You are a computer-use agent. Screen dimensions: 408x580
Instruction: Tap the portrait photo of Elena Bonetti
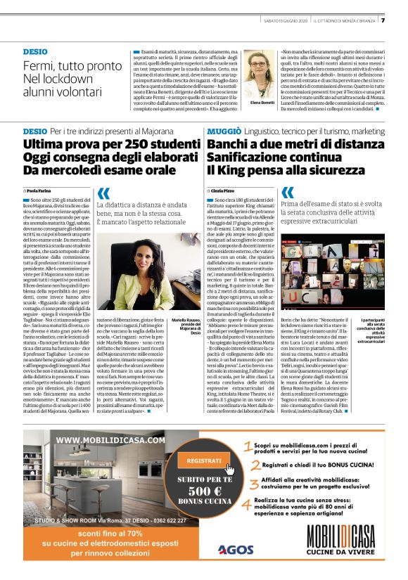[x=260, y=75]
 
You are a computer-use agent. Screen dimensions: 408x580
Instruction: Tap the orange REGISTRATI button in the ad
[x=205, y=460]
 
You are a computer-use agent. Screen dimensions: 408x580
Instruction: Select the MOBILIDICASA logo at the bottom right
[x=343, y=550]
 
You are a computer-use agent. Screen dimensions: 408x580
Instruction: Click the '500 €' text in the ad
[x=204, y=491]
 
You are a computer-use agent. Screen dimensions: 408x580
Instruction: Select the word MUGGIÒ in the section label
[x=224, y=131]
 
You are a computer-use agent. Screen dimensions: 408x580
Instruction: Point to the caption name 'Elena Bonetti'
[x=260, y=102]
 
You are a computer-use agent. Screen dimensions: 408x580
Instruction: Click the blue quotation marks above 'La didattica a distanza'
[x=103, y=193]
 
